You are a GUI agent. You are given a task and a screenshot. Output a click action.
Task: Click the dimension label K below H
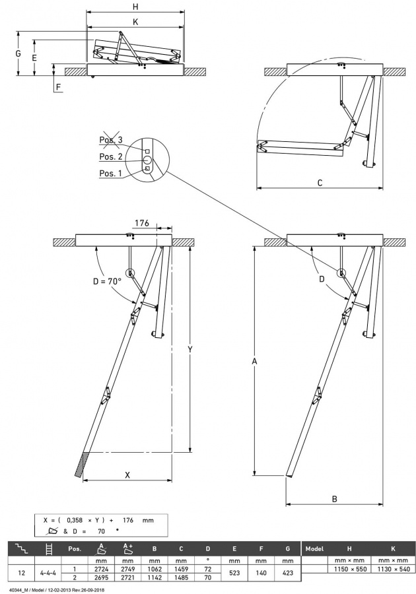click(x=135, y=21)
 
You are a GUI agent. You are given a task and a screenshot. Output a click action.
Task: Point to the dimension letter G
click(x=18, y=52)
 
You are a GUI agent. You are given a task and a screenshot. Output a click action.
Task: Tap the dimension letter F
click(x=58, y=86)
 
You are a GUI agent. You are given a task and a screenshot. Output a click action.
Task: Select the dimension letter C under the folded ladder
click(x=320, y=183)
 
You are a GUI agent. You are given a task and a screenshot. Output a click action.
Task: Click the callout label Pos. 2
click(x=110, y=156)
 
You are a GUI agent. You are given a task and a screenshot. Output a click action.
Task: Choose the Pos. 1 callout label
click(x=110, y=173)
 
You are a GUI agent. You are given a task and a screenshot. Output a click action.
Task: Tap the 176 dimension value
click(x=142, y=222)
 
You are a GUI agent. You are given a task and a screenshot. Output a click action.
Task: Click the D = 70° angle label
click(x=106, y=281)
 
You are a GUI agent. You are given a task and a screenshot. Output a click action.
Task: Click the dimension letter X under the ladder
click(x=127, y=475)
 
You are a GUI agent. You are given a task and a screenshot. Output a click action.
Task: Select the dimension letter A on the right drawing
click(x=254, y=361)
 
